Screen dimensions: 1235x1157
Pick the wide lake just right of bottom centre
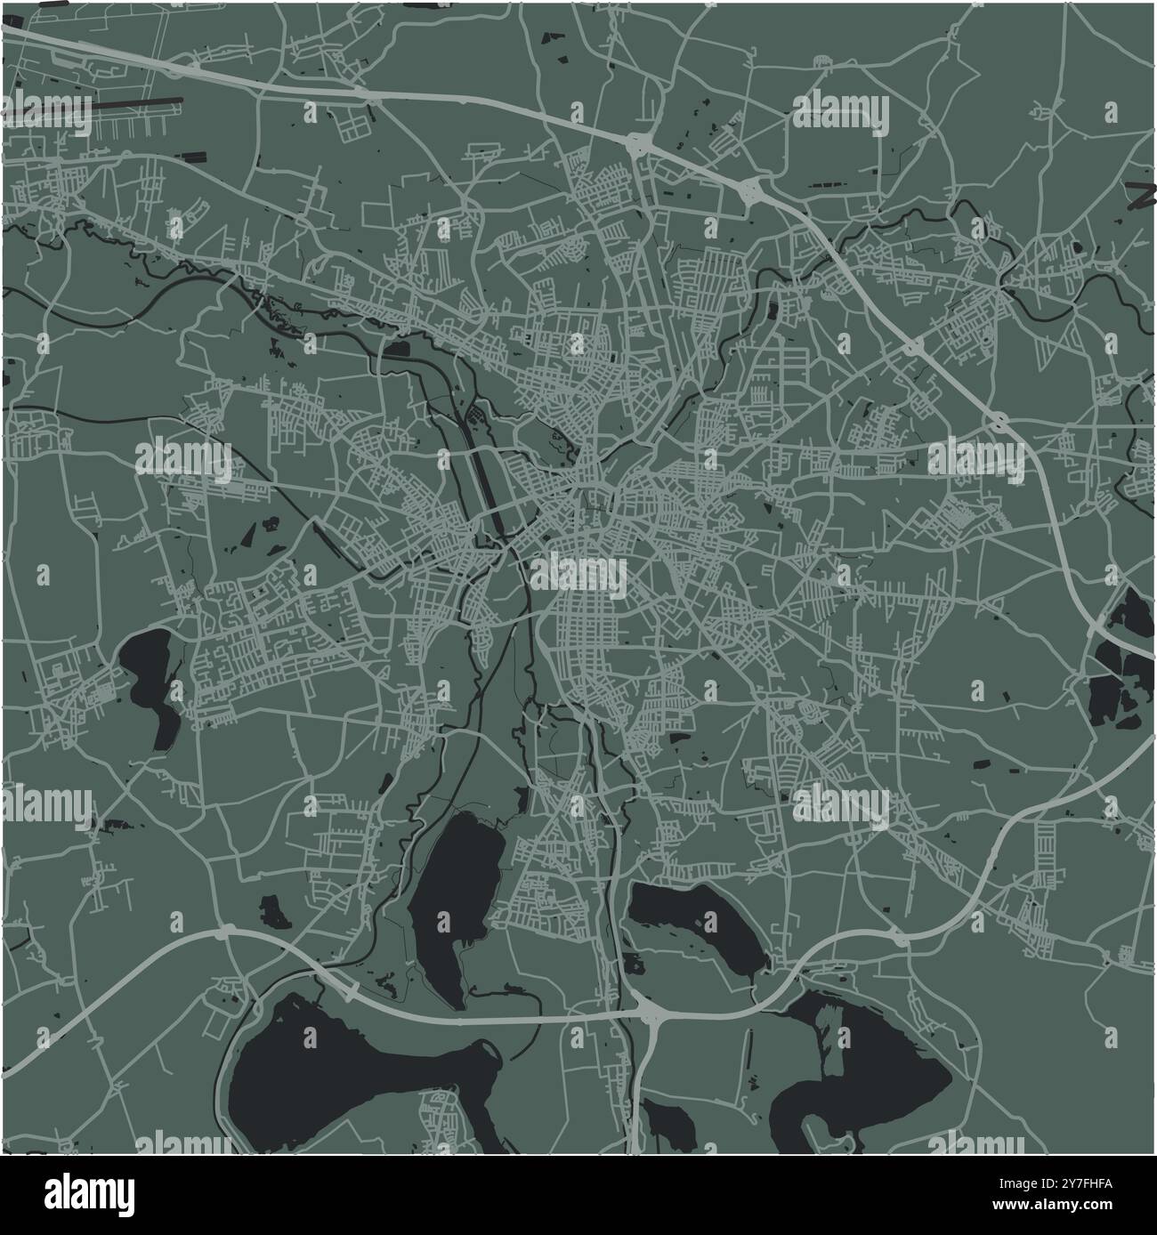(x=694, y=921)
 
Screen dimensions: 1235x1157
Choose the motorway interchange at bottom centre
(x=650, y=1014)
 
